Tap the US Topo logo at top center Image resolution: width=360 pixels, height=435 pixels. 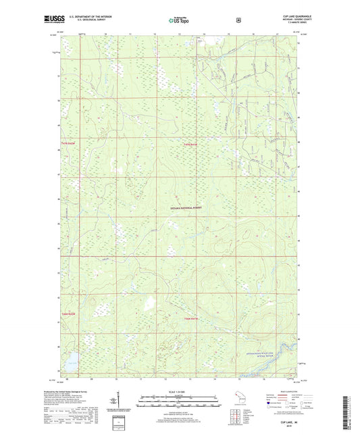(180, 20)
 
